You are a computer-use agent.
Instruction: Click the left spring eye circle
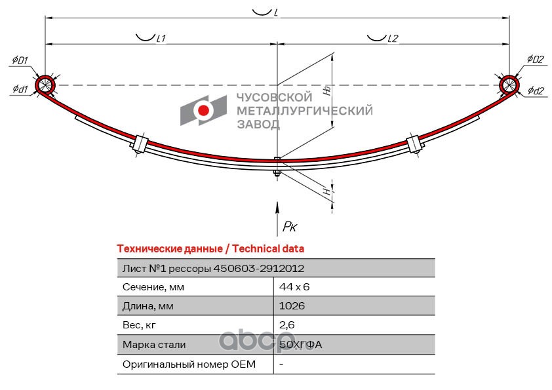point(45,85)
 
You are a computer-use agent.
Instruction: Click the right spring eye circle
point(509,85)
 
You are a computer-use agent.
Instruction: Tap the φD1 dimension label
point(20,61)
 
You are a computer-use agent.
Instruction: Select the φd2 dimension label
point(536,91)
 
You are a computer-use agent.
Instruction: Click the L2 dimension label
point(392,39)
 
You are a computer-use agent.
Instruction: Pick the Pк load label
point(289,227)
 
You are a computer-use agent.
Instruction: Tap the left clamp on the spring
point(139,144)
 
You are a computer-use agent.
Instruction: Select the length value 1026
point(292,306)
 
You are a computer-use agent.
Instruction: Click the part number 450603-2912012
point(258,268)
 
